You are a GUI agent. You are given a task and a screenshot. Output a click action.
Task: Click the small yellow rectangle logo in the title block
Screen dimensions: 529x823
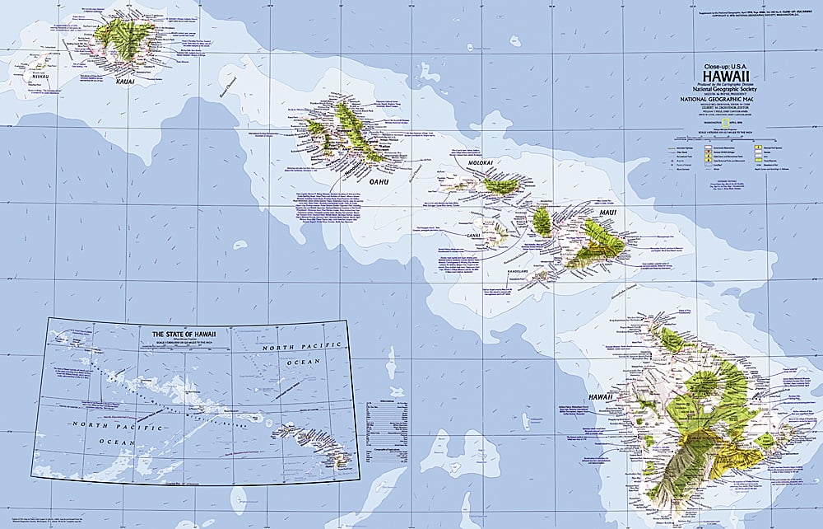point(724,124)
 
